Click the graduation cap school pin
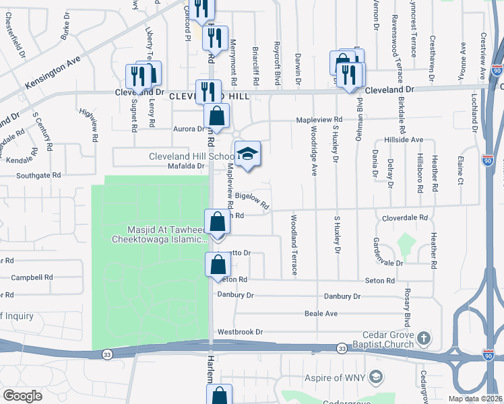pyautogui.click(x=247, y=154)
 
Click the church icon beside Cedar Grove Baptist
pyautogui.click(x=423, y=337)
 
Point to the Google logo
pyautogui.click(x=22, y=396)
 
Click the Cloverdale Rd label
pyautogui.click(x=405, y=217)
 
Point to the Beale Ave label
pyautogui.click(x=321, y=314)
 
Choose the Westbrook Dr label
pyautogui.click(x=239, y=332)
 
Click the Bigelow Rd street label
pyautogui.click(x=257, y=199)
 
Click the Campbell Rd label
pyautogui.click(x=32, y=277)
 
